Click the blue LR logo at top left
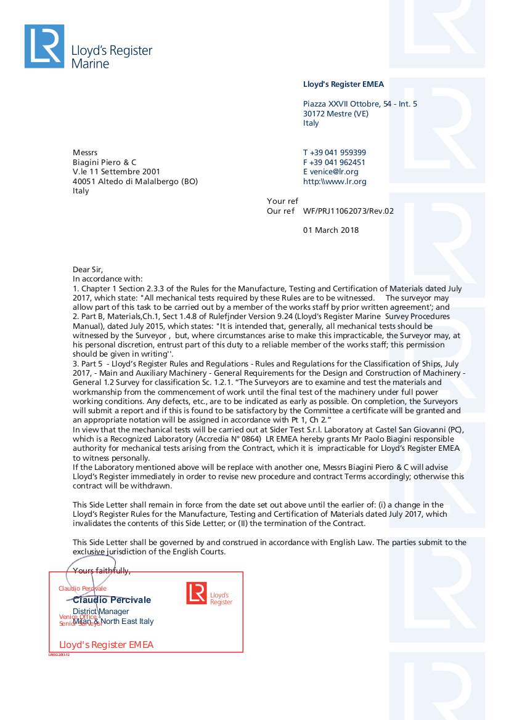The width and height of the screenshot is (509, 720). [x=44, y=46]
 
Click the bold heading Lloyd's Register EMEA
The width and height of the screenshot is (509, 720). [x=343, y=84]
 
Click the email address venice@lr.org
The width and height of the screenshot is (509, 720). [x=335, y=172]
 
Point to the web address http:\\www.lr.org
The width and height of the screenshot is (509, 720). [x=335, y=182]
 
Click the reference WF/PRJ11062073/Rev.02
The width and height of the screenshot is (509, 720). [x=348, y=211]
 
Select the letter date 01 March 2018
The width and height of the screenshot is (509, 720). [x=331, y=230]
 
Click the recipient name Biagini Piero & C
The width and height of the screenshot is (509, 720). [x=104, y=163]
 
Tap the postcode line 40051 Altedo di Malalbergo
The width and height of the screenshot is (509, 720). [x=136, y=182]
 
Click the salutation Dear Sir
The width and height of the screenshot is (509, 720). [x=88, y=269]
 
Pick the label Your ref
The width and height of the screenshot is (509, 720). [x=282, y=201]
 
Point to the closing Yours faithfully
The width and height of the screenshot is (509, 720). [x=102, y=571]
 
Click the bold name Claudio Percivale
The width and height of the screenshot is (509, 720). [x=112, y=600]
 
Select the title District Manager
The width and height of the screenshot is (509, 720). [x=101, y=612]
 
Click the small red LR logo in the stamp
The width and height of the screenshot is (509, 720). [x=196, y=593]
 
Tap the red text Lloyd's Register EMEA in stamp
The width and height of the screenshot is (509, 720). [x=106, y=645]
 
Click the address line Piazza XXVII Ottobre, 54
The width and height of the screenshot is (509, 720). [x=360, y=104]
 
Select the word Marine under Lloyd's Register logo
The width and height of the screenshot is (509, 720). [x=90, y=63]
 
